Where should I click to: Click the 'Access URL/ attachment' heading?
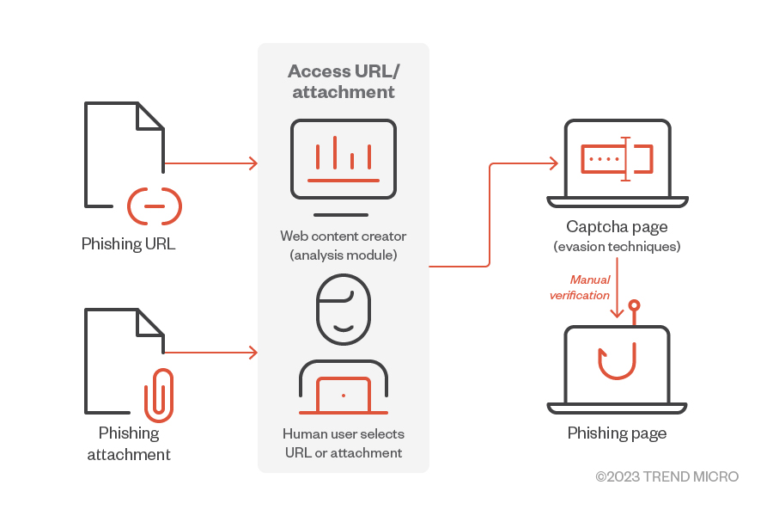[x=342, y=81]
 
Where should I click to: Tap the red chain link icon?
[x=155, y=206]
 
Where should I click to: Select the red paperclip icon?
[x=159, y=396]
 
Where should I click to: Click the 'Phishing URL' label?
[x=128, y=244]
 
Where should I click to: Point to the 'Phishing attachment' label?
[x=129, y=444]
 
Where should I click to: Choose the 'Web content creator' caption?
[x=343, y=236]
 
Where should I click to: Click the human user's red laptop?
[x=343, y=396]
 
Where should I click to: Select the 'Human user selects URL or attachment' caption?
[x=343, y=444]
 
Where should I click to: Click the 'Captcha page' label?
[x=617, y=227]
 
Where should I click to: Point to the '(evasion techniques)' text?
[x=617, y=247]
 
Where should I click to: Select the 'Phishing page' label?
[x=617, y=433]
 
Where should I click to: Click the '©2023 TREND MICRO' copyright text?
[x=666, y=476]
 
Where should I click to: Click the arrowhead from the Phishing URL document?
[x=253, y=163]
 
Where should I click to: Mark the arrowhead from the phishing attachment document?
[x=253, y=353]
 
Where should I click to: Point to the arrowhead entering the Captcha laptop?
[x=553, y=163]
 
